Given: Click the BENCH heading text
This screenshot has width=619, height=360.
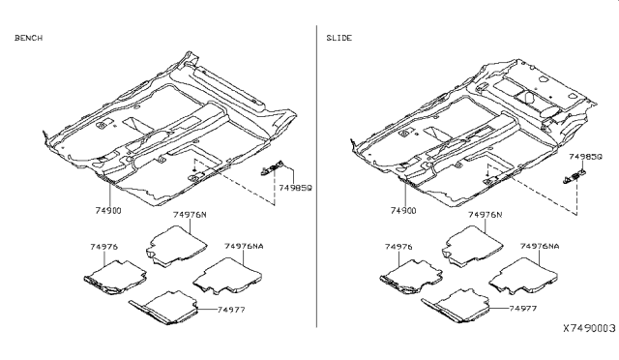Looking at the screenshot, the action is [x=28, y=38].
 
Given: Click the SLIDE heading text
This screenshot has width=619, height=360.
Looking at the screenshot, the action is [x=339, y=38].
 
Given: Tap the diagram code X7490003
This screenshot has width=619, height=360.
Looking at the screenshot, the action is [x=589, y=328].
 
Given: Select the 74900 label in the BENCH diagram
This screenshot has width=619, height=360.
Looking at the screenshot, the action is [x=108, y=211].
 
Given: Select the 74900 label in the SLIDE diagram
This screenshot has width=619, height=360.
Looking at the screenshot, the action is [x=403, y=211].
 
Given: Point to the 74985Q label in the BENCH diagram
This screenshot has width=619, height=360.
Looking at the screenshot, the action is [x=295, y=188].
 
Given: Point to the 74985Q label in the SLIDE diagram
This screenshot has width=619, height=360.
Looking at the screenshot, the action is [x=585, y=157].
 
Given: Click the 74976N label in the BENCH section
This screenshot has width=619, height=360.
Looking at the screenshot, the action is [x=190, y=215].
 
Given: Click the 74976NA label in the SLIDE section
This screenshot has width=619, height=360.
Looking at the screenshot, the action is [x=540, y=246].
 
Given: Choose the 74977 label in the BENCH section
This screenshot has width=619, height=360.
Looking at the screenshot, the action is [x=231, y=310].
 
